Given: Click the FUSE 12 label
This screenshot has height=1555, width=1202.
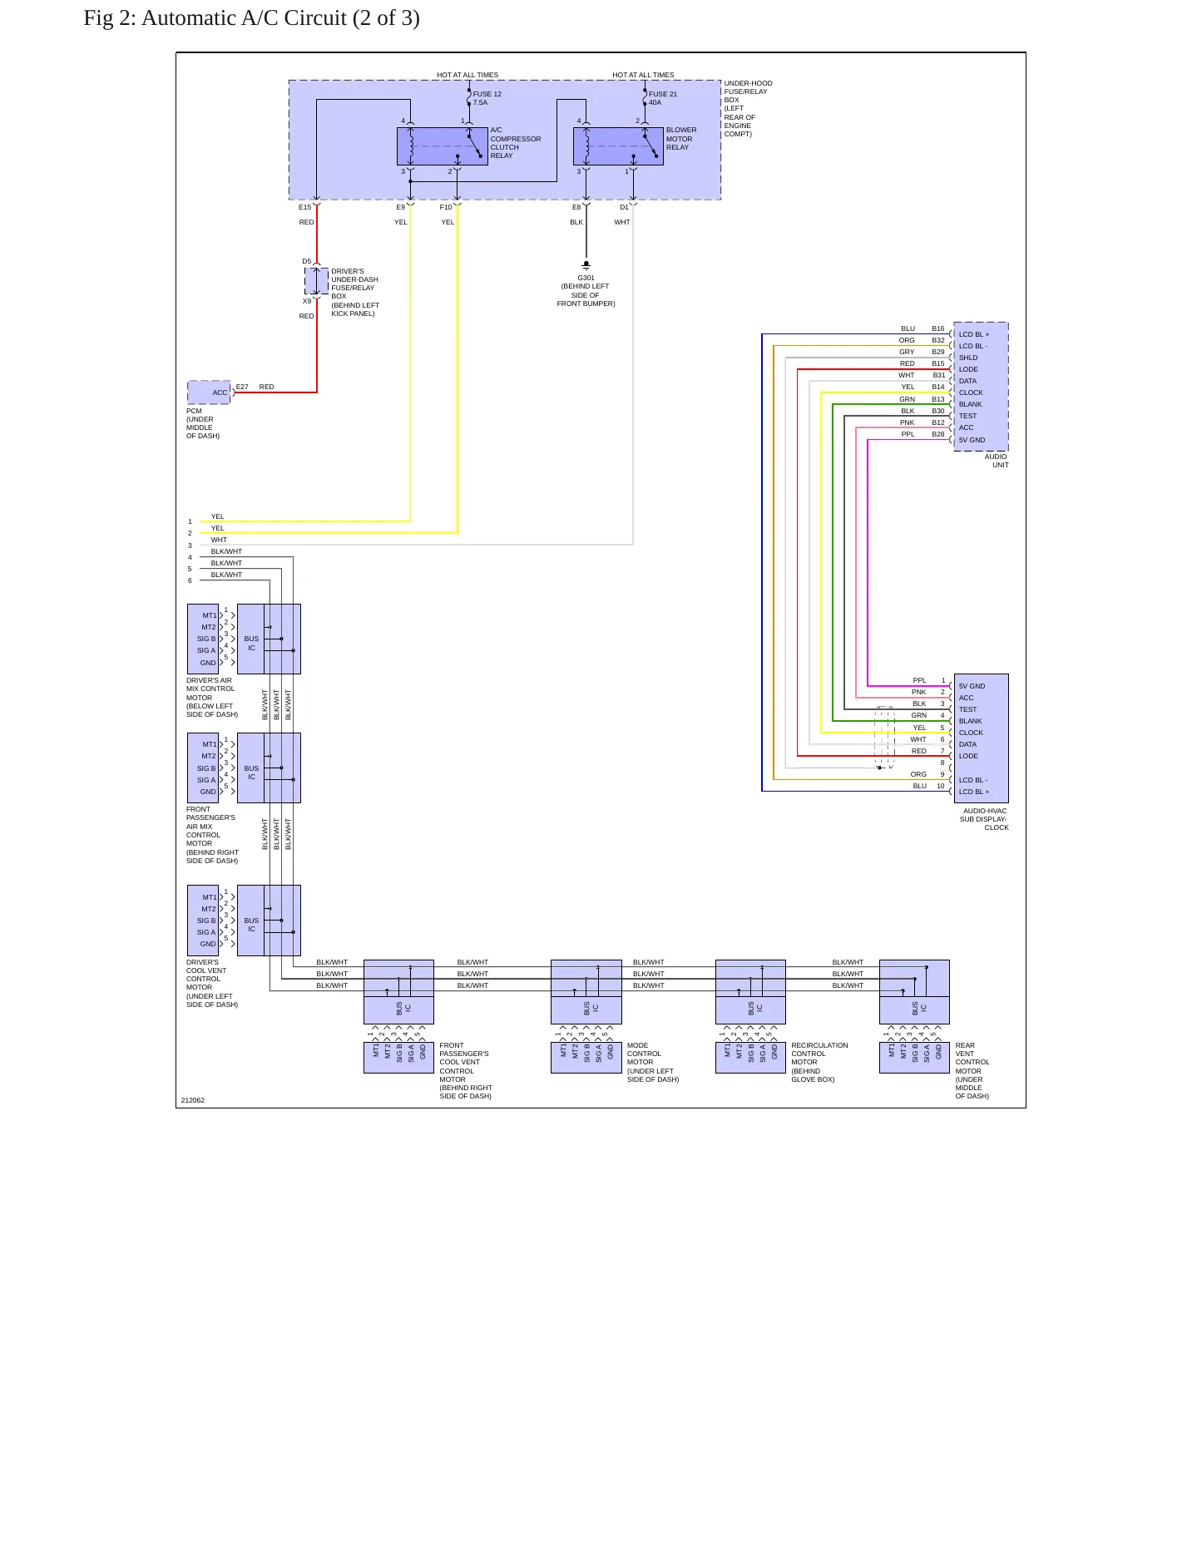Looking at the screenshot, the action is click(487, 94).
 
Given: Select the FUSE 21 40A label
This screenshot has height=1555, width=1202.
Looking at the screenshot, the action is click(663, 98).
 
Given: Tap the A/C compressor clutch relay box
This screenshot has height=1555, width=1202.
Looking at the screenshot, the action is click(443, 146).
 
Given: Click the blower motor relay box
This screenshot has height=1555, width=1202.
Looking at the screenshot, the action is click(618, 146).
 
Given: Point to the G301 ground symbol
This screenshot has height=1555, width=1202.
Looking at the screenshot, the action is click(586, 265).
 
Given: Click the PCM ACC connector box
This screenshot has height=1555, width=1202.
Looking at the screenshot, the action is click(209, 392).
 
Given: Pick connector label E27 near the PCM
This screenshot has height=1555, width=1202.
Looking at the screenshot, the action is click(242, 387).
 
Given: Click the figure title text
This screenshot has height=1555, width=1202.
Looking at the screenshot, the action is click(251, 18).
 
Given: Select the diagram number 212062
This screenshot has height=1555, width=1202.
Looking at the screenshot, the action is click(193, 1100).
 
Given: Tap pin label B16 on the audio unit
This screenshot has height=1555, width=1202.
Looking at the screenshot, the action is click(938, 328).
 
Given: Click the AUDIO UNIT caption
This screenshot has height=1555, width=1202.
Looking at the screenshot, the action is click(997, 461).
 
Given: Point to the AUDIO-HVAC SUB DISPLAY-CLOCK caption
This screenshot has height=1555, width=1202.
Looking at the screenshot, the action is click(984, 819).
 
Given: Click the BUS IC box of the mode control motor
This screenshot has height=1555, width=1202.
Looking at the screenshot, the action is click(586, 992).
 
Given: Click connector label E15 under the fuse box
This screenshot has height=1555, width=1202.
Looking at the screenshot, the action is click(305, 207).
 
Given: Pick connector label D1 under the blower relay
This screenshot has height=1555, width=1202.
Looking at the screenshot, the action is click(624, 207).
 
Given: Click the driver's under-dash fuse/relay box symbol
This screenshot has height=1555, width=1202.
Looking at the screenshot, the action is click(316, 281).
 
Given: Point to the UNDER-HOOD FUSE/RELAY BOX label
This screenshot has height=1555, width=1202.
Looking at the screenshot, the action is click(748, 108).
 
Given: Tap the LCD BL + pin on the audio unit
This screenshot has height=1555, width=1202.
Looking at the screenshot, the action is click(974, 334).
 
